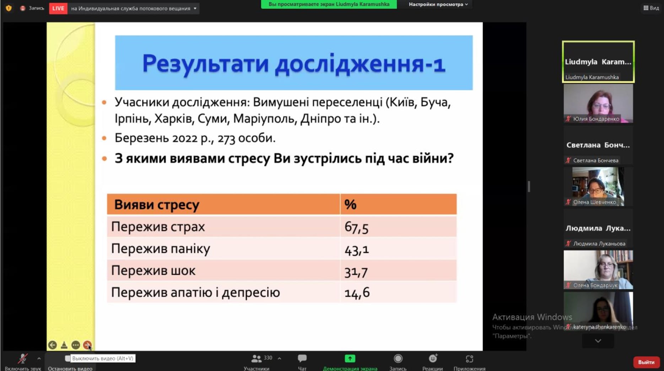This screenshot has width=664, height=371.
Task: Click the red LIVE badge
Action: pyautogui.click(x=58, y=8)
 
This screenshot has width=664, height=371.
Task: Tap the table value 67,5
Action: pyautogui.click(x=356, y=227)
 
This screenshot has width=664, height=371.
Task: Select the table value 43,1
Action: pyautogui.click(x=357, y=250)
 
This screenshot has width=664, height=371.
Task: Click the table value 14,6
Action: pyautogui.click(x=357, y=293)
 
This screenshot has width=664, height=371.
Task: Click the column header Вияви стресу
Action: pyautogui.click(x=157, y=205)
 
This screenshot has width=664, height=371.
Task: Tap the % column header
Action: pyautogui.click(x=350, y=204)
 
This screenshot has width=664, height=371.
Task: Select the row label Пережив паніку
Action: pyautogui.click(x=161, y=249)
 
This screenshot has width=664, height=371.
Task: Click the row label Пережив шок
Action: pyautogui.click(x=153, y=271)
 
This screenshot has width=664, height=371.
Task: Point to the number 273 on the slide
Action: pyautogui.click(x=226, y=138)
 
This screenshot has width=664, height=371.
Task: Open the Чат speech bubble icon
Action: pyautogui.click(x=302, y=358)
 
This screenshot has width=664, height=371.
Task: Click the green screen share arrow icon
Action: pyautogui.click(x=350, y=359)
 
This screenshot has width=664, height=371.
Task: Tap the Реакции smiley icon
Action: pyautogui.click(x=433, y=358)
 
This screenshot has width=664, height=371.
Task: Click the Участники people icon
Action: pyautogui.click(x=256, y=359)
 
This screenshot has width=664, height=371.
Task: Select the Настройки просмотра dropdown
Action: pyautogui.click(x=438, y=4)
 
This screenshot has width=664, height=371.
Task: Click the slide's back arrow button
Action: pyautogui.click(x=52, y=345)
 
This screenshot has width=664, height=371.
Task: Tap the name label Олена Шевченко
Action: pyautogui.click(x=594, y=202)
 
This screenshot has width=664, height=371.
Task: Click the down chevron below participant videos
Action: pyautogui.click(x=598, y=341)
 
